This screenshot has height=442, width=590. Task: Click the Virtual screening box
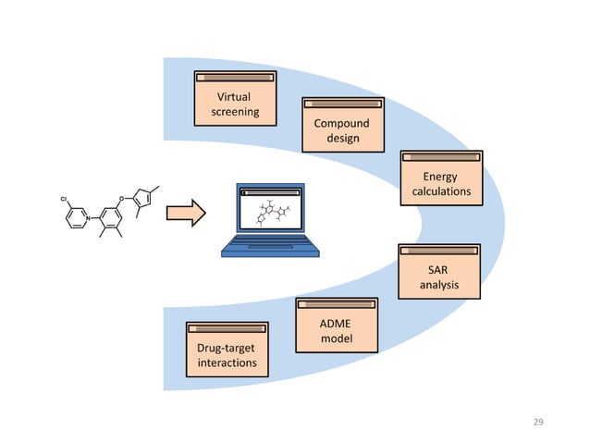coord(233,100)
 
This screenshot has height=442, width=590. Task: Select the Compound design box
coord(343,126)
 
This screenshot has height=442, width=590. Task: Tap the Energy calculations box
coord(440,179)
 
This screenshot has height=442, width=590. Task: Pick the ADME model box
coord(336,326)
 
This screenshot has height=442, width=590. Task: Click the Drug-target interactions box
coord(227,350)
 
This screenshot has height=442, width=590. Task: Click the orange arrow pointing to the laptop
coord(185,215)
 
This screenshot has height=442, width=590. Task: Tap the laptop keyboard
coord(270,246)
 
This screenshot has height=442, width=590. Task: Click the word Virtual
coord(233,97)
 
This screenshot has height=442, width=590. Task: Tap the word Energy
coord(440,177)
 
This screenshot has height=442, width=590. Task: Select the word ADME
coord(336,325)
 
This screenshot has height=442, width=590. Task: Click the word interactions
coord(227,362)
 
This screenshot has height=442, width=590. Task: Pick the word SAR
coord(438,269)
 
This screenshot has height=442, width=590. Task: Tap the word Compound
coord(342,123)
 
